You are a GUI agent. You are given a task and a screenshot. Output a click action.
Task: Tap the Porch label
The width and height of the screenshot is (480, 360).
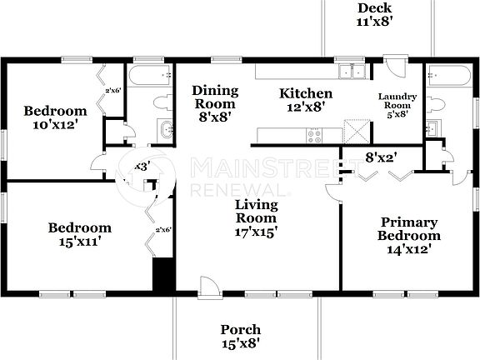(x=241, y=336)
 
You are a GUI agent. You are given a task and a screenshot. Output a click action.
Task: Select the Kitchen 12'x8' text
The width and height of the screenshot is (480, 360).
(x=306, y=101)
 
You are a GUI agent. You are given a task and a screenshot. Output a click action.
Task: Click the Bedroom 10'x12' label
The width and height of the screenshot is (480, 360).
(x=55, y=118)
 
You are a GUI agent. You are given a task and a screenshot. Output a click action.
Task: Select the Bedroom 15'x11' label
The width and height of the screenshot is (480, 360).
(x=79, y=234)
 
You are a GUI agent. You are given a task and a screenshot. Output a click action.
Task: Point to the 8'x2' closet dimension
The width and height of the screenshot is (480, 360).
(x=380, y=156)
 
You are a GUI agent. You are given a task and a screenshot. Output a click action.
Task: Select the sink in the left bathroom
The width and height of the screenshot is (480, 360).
(x=165, y=130)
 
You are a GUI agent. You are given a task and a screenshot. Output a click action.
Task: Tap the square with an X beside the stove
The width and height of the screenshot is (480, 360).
(x=356, y=132)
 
